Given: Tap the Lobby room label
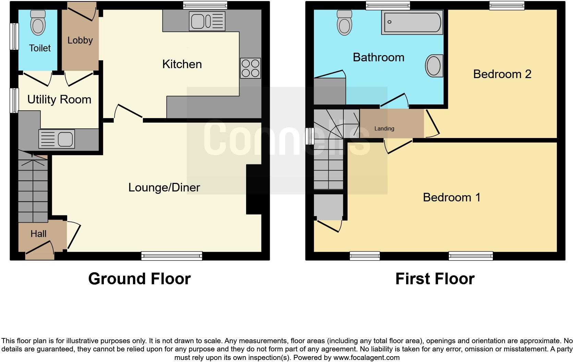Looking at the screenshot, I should point(80,40).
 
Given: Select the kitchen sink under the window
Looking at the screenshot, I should point(207,21).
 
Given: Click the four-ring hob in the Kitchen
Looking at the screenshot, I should point(251,68).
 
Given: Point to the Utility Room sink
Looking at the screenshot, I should point(57,139).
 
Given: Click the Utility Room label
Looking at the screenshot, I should point(59,100).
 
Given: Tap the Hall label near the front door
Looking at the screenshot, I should point(38,234).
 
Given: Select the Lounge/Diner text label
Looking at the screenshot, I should point(164,187).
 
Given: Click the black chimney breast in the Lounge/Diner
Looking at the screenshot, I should point(254,190).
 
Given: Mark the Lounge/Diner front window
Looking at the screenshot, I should point(172,256).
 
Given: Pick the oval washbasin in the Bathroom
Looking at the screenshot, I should point(434,65).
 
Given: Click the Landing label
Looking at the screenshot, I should point(384,129).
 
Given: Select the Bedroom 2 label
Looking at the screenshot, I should point(502,74).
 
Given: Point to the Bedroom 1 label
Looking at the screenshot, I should point(451,197).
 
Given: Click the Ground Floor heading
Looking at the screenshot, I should point(139,279).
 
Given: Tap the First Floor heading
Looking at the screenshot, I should point(435,279).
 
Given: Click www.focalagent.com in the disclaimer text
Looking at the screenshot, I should point(366,358).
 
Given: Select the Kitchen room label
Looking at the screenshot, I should point(182,64).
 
